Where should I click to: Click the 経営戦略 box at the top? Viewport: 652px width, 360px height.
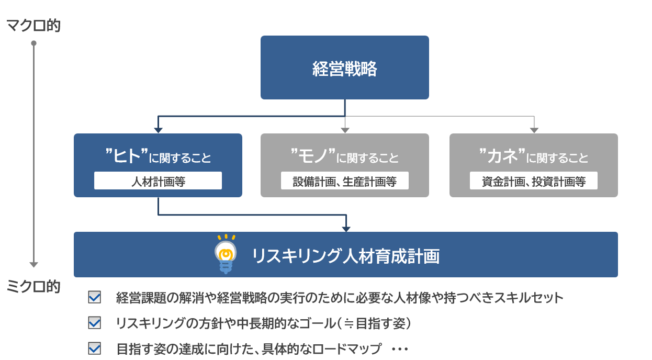click(x=344, y=67)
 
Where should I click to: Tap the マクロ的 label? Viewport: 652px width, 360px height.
click(x=33, y=25)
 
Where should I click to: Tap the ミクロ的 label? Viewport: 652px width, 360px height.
click(x=33, y=286)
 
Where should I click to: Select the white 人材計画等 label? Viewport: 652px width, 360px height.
click(x=158, y=181)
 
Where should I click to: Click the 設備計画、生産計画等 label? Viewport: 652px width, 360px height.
click(x=344, y=181)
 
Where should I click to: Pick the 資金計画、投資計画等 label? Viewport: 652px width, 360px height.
click(x=533, y=181)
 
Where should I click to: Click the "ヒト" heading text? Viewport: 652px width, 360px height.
click(x=126, y=155)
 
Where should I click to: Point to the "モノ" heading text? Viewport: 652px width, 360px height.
click(x=313, y=155)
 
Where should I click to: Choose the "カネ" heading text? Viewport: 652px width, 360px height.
click(x=502, y=155)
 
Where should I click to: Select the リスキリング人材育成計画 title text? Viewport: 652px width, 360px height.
click(x=346, y=256)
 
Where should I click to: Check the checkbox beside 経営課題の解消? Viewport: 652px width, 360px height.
click(x=95, y=298)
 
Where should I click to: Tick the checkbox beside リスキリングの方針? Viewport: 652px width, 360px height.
click(x=95, y=323)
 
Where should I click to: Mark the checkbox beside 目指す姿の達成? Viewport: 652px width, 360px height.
click(x=95, y=348)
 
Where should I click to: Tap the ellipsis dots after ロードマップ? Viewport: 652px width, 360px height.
click(x=399, y=349)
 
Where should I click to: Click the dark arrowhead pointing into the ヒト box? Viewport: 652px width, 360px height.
click(x=158, y=130)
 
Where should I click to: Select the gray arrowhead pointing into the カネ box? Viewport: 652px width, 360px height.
click(x=534, y=130)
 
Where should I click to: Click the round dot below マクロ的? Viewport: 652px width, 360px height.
click(x=33, y=43)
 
